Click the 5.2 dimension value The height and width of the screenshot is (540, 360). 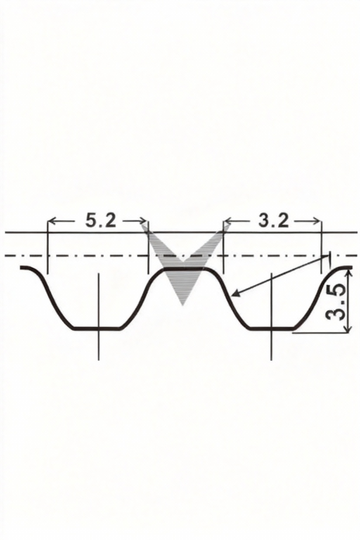pyautogui.click(x=101, y=221)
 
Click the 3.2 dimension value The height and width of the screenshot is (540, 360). pyautogui.click(x=273, y=221)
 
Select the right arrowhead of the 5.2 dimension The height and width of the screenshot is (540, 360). pyautogui.click(x=143, y=221)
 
